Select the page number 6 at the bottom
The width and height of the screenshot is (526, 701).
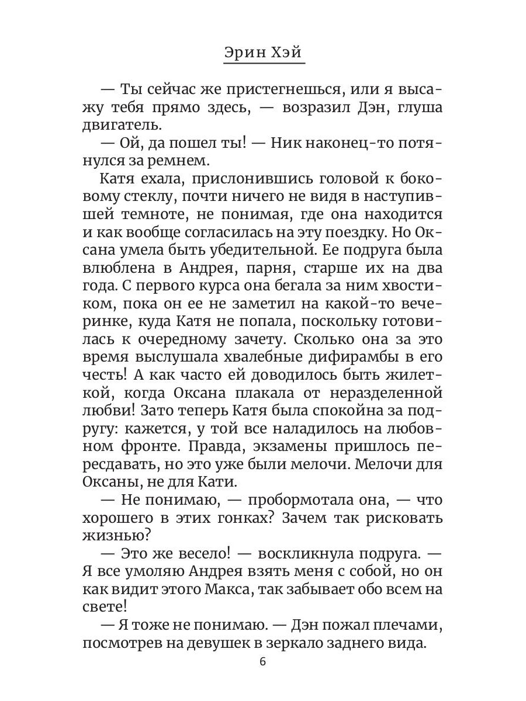click(262, 662)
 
